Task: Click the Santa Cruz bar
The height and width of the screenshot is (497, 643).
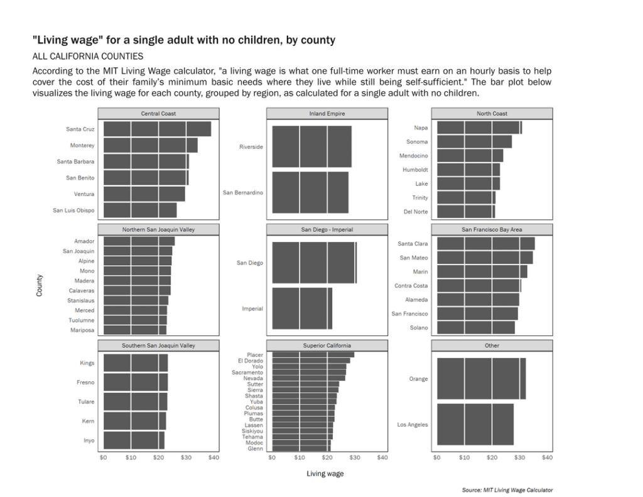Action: pos(157,129)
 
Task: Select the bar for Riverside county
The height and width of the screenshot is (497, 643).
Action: pos(311,146)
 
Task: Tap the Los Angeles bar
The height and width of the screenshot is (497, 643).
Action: pos(475,424)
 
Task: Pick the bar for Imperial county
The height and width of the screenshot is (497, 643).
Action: pos(302,309)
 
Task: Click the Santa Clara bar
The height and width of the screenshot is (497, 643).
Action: pos(486,243)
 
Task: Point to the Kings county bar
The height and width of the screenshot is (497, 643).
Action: pos(136,363)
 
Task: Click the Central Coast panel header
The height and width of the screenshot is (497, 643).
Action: pos(158,114)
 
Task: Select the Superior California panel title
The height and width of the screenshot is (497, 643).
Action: pos(327,346)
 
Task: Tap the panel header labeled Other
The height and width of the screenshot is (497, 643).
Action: pos(492,346)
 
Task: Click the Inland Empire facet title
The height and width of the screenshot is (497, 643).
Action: pos(327,114)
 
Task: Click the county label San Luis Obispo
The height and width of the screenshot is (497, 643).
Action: pos(73,210)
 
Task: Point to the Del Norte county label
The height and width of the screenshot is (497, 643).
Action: pos(416,212)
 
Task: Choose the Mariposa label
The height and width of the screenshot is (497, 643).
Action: pos(82,330)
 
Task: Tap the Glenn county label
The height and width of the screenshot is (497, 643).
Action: pos(255,449)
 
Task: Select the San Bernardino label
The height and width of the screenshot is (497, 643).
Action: pos(243,192)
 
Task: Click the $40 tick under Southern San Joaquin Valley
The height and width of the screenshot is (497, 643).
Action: pos(213,457)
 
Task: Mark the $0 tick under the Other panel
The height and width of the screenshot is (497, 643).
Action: pos(437,457)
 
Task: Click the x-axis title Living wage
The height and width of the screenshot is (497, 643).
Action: pos(325,474)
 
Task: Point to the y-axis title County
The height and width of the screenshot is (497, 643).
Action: pos(40,285)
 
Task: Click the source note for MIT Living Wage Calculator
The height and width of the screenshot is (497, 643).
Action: pos(507,490)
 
